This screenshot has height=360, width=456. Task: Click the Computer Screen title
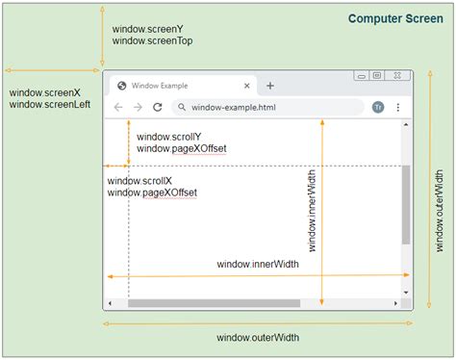(396, 19)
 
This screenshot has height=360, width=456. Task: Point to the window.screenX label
(44, 92)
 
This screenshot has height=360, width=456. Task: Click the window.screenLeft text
(49, 104)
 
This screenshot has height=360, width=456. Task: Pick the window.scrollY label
(169, 137)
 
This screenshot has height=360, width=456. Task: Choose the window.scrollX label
(140, 180)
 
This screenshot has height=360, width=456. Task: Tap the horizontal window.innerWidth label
(258, 264)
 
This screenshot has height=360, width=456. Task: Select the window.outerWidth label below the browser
(258, 337)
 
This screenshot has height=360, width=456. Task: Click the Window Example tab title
(165, 86)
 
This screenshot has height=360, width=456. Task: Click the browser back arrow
(118, 107)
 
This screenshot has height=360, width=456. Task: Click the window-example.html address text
(233, 107)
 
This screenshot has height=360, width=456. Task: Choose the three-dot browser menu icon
(398, 107)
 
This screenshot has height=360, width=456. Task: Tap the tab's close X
(248, 86)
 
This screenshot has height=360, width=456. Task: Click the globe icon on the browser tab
(122, 86)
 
